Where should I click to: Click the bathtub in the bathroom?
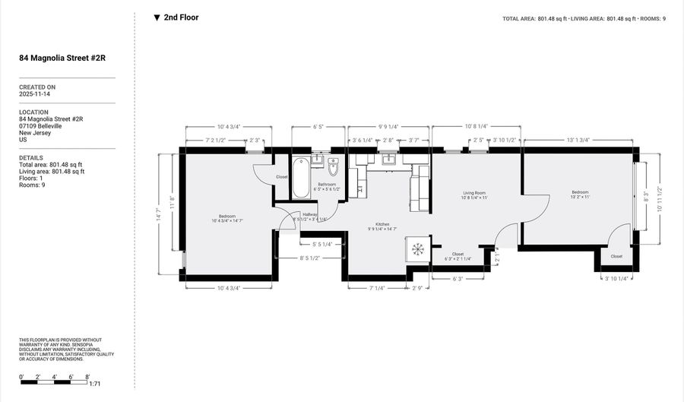300,178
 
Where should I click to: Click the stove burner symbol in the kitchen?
417,249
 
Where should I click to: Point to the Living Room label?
474,193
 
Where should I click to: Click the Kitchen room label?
382,224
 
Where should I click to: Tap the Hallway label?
310,214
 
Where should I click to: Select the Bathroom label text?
327,185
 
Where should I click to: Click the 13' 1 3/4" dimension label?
578,140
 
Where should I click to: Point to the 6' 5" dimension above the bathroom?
318,128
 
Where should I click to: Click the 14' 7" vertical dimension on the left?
157,217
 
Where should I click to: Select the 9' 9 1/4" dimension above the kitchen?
388,128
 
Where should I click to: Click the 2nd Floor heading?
181,17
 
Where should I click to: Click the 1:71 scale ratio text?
95,385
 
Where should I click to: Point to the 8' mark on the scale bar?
88,376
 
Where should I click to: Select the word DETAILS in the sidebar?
31,157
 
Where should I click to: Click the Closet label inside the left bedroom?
282,176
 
